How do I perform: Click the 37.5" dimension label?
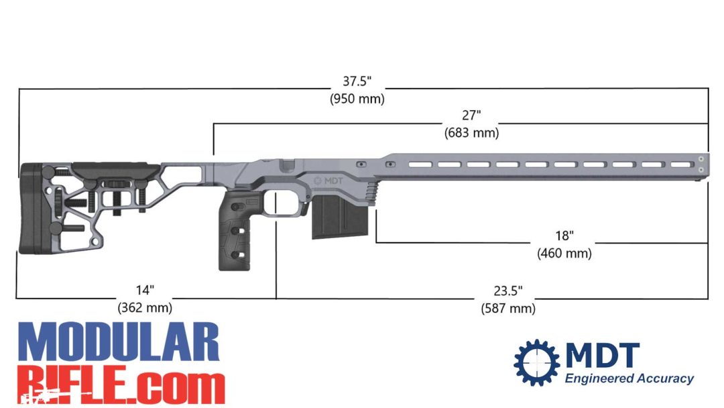357,81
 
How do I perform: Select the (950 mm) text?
357,98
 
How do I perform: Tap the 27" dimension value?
471,116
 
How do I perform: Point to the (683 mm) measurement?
471,133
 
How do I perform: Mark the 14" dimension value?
145,291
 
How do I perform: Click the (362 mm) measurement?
145,308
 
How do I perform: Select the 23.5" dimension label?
507,291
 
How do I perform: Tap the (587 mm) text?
507,308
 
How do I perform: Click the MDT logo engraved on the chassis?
329,180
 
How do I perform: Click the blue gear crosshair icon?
536,363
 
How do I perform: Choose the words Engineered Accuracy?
628,378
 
